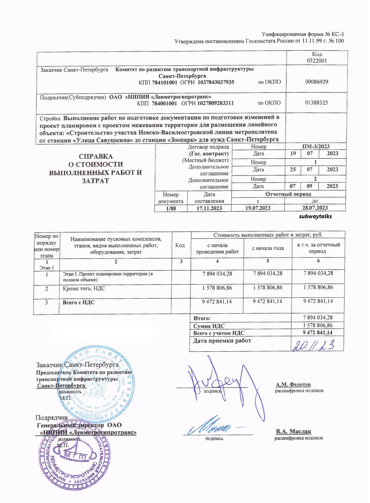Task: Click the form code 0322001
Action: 317,61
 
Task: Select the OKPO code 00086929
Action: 317,82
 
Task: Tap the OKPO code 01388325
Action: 317,103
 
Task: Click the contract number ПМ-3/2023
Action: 316,146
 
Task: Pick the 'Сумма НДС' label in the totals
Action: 209,326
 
